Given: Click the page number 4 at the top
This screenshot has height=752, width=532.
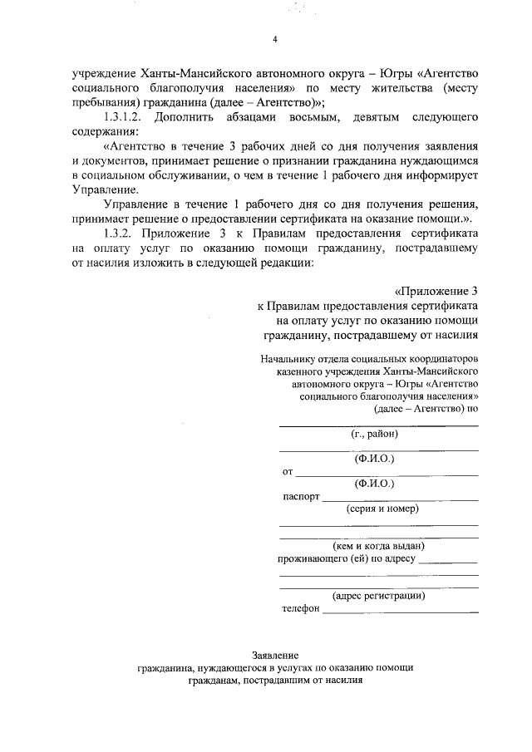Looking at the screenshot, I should pyautogui.click(x=275, y=39).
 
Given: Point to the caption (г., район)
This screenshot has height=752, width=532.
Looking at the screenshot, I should pyautogui.click(x=376, y=434).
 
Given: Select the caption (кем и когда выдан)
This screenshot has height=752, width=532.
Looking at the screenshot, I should pyautogui.click(x=378, y=546).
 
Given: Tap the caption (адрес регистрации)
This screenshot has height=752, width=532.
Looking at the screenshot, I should pyautogui.click(x=379, y=595).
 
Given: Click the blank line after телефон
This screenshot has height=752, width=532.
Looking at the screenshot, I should pyautogui.click(x=400, y=612).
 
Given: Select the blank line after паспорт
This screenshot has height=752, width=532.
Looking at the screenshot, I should pyautogui.click(x=400, y=499).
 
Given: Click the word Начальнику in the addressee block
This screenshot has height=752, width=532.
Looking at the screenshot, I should pyautogui.click(x=288, y=360).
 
